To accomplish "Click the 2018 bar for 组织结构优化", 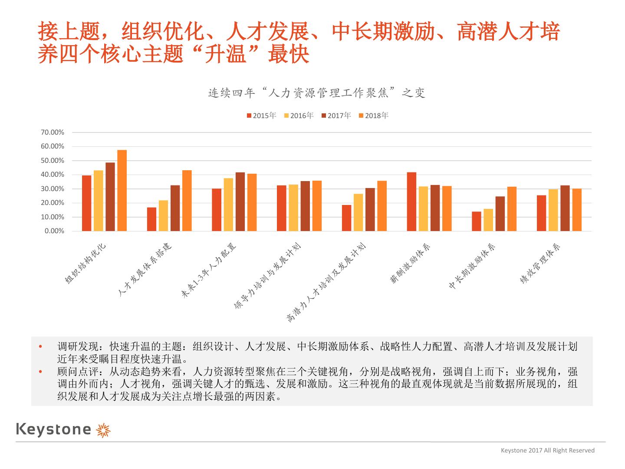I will (x=122, y=191).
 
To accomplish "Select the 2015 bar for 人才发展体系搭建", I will (x=151, y=219).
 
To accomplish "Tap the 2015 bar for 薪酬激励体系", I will (x=411, y=202).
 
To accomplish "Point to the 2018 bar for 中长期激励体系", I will (x=512, y=209).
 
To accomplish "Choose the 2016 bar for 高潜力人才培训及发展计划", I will (x=358, y=212).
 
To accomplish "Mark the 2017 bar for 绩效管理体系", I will (x=565, y=208).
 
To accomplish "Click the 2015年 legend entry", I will (x=262, y=116).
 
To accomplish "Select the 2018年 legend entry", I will (x=374, y=116).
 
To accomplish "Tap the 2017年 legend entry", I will (x=336, y=116).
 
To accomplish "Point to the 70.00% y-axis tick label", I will (x=53, y=132).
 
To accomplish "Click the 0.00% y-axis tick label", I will (x=54, y=231).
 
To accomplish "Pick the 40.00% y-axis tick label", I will (x=53, y=175).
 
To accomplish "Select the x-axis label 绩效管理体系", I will (x=540, y=264).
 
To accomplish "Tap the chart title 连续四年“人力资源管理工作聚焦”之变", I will (x=316, y=93).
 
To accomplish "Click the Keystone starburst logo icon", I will (x=103, y=429).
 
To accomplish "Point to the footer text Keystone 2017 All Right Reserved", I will (x=548, y=450).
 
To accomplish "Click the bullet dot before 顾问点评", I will (x=41, y=372).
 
